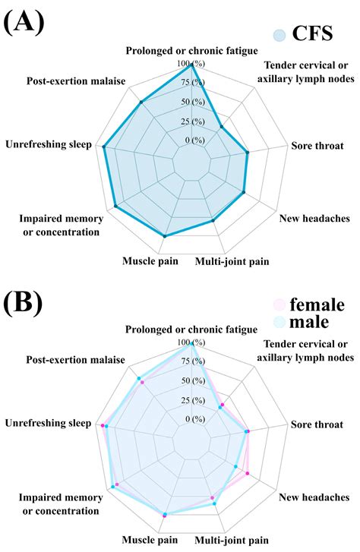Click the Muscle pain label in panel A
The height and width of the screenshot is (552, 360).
150,262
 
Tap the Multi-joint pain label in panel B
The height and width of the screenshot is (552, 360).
232,541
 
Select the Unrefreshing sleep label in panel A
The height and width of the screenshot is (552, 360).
48,144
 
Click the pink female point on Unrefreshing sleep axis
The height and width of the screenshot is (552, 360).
103,426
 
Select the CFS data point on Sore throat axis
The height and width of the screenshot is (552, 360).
248,153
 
